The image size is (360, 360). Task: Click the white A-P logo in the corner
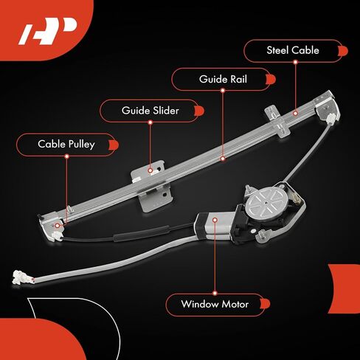pyautogui.click(x=46, y=31)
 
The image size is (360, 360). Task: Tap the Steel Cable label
pyautogui.click(x=293, y=50)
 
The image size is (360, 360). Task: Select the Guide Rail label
pyautogui.click(x=223, y=79)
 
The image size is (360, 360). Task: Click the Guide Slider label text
pyautogui.click(x=150, y=111)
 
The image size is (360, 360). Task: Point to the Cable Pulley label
pyautogui.click(x=66, y=145)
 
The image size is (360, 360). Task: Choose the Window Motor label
pyautogui.click(x=215, y=304)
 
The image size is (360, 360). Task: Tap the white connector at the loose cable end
pyautogui.click(x=21, y=277)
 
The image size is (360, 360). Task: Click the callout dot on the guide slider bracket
pyautogui.click(x=150, y=170)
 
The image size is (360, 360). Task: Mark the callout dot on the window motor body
pyautogui.click(x=215, y=220)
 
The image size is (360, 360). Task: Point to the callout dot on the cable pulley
pyautogui.click(x=58, y=226)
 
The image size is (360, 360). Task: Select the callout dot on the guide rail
pyautogui.click(x=223, y=159)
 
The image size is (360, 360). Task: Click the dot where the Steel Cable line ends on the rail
pyautogui.click(x=295, y=114)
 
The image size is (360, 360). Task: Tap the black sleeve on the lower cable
pyautogui.click(x=141, y=232)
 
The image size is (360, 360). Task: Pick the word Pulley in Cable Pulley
pyautogui.click(x=82, y=145)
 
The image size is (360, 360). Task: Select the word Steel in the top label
pyautogui.click(x=277, y=50)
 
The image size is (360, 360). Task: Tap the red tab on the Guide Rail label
pyautogui.click(x=271, y=80)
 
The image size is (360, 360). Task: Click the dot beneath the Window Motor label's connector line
pyautogui.click(x=215, y=293)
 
